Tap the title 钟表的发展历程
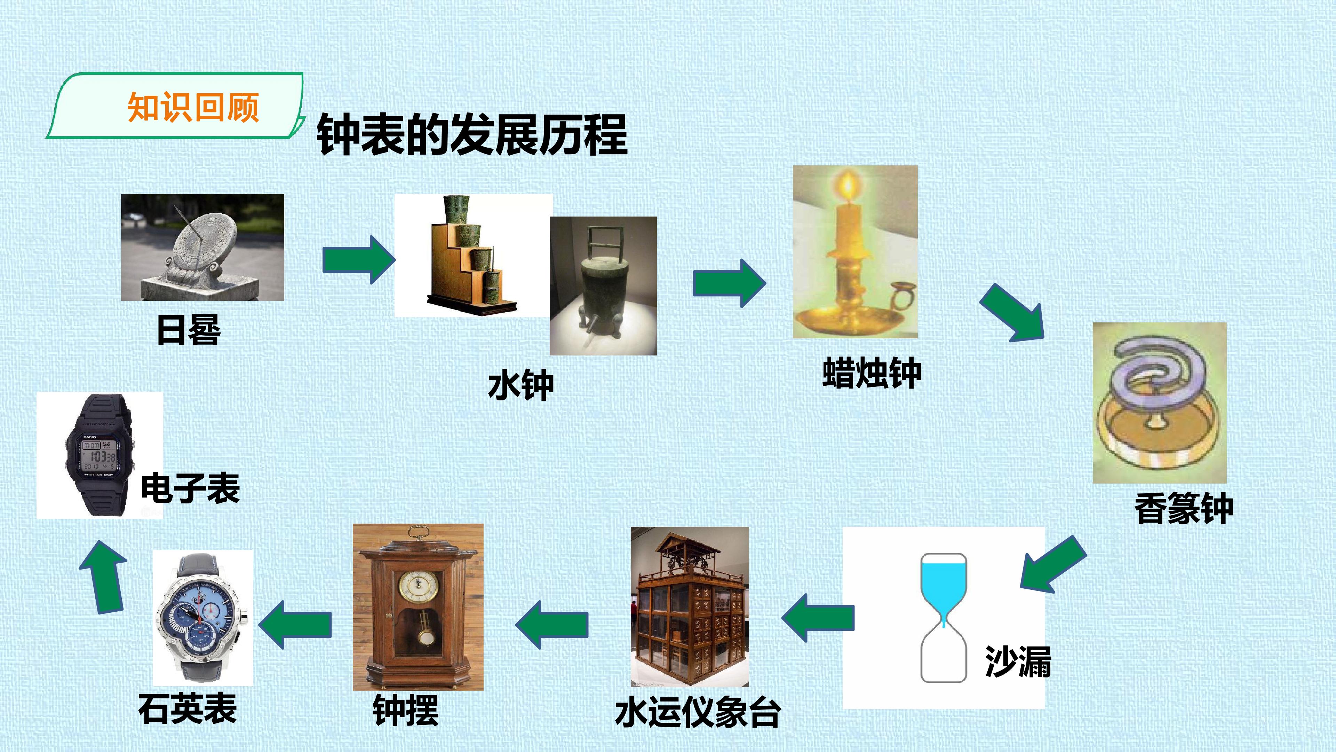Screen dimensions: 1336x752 (x=472, y=135)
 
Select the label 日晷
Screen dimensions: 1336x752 (x=189, y=330)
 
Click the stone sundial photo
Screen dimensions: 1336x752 (x=202, y=247)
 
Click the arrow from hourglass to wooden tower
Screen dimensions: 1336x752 (x=818, y=618)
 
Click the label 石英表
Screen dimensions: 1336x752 (x=188, y=708)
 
